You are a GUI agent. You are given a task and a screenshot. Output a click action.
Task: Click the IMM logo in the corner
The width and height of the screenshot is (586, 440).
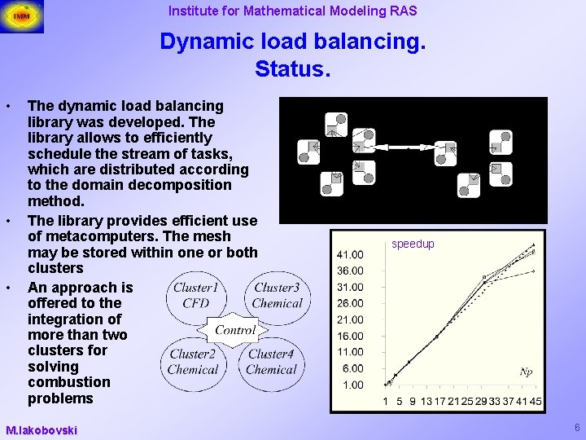coord(22,15)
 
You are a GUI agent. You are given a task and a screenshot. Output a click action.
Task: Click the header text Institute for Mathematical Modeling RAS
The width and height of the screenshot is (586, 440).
coord(292,11)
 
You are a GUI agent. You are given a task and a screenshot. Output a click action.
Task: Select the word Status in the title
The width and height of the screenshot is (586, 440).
coord(292,68)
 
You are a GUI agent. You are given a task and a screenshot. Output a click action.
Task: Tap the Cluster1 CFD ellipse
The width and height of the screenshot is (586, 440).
coord(196,295)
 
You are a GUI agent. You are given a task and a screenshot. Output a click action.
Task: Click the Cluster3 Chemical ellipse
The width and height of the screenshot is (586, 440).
coord(276,295)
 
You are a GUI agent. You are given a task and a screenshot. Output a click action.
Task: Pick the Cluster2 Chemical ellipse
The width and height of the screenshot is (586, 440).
coord(192,362)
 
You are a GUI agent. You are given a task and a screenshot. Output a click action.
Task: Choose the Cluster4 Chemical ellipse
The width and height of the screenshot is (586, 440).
coord(271,362)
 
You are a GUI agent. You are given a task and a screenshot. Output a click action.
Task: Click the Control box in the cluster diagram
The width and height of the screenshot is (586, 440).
coord(235,330)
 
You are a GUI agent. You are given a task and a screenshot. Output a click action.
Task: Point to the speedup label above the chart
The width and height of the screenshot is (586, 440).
coord(413,244)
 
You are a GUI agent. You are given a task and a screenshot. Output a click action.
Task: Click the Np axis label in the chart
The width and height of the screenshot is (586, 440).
coord(527,372)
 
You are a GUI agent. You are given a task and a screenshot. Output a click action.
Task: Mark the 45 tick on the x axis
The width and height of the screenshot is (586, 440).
coord(536,401)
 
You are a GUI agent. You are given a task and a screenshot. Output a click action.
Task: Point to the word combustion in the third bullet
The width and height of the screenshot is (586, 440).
coord(68,382)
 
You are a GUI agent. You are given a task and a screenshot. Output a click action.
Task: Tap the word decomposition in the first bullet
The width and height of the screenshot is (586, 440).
coord(183,185)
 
